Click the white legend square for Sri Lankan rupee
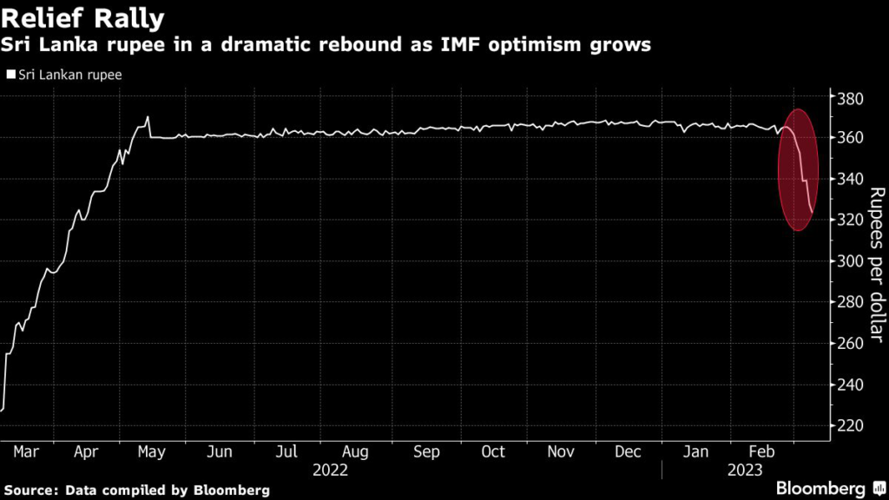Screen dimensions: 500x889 click(10, 75)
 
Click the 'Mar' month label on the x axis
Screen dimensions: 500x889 click(27, 452)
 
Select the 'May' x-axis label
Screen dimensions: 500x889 click(152, 452)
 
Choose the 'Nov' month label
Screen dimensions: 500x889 click(560, 452)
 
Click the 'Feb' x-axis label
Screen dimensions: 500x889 click(761, 452)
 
